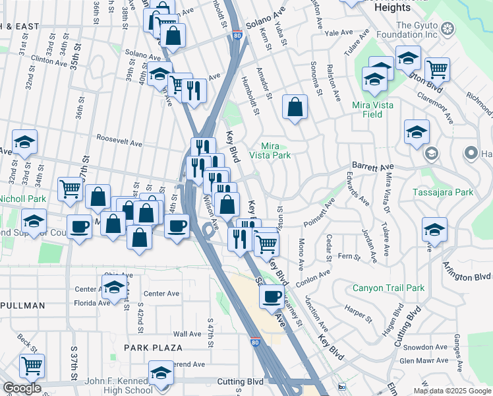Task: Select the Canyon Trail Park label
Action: click(x=388, y=288)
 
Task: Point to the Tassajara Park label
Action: click(x=442, y=192)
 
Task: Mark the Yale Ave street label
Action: click(x=339, y=32)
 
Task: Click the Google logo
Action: click(x=22, y=388)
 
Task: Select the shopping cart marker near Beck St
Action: click(x=32, y=366)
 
